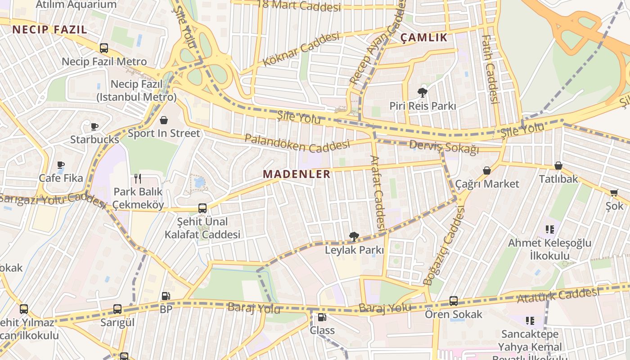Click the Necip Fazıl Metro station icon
coord(104,48)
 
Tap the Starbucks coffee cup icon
coord(94,126)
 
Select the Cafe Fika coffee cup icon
coord(61,165)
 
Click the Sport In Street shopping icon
coord(164,120)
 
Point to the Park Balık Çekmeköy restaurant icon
coord(138,179)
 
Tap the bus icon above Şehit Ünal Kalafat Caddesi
coord(202,208)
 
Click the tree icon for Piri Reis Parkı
coord(422,93)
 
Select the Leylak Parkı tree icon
coord(354,236)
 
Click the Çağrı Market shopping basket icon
coord(487,171)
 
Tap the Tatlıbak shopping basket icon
coord(558,166)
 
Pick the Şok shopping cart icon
coord(614,193)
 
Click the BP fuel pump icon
coord(166,296)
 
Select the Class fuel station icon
coord(322,317)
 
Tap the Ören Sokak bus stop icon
coord(454,301)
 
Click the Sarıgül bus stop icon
coord(117,309)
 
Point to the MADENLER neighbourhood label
coord(297,174)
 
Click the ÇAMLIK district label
coord(424,38)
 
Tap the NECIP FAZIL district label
coord(49,30)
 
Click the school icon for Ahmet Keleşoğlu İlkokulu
coord(549,229)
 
